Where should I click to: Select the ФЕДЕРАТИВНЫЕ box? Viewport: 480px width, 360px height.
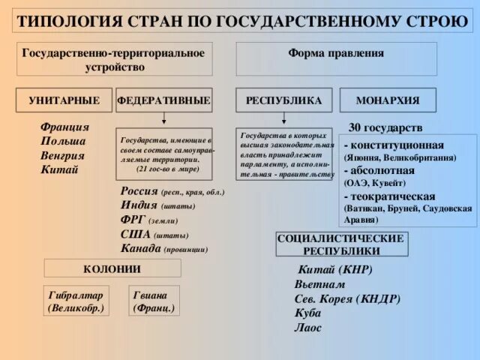(x=163, y=100)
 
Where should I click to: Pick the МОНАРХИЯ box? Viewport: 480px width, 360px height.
(x=388, y=100)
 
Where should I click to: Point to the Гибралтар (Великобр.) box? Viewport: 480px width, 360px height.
(x=76, y=301)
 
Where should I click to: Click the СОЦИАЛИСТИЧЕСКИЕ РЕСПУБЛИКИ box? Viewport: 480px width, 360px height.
(x=342, y=244)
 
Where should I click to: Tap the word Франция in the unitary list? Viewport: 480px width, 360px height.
(x=65, y=127)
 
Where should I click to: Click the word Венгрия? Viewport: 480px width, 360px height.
(x=63, y=155)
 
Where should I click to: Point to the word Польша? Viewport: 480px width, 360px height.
(x=63, y=141)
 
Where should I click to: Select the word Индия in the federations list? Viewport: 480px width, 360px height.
(x=139, y=205)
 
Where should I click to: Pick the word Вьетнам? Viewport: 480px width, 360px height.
(x=320, y=285)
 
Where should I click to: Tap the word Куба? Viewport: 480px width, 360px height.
(x=307, y=313)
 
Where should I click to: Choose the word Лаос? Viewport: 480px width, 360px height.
(x=308, y=328)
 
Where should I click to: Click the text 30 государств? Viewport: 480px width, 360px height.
(x=385, y=127)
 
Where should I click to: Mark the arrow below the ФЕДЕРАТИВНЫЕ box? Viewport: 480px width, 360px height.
(x=164, y=120)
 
